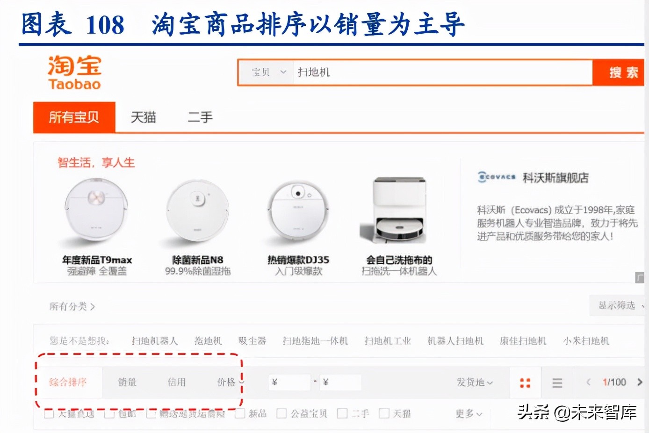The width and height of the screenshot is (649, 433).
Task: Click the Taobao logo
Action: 74,72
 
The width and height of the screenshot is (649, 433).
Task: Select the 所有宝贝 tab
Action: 74,117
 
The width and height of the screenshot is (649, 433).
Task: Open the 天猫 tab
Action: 143,117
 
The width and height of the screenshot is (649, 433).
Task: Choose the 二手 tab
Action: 200,117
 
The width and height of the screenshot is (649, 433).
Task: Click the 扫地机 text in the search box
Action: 314,72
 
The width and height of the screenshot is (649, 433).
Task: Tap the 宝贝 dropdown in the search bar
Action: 268,72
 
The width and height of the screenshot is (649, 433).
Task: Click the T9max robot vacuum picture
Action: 96,210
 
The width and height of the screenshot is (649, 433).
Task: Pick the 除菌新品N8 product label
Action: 198,260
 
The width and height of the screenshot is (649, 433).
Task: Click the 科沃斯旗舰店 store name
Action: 555,178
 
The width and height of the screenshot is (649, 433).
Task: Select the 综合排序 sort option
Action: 68,382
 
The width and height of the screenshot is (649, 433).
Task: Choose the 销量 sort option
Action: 127,382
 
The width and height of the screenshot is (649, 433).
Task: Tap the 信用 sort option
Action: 177,382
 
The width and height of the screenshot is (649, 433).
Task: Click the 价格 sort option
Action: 227,382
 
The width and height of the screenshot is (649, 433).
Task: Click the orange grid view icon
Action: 525,383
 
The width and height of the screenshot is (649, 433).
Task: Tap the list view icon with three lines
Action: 557,383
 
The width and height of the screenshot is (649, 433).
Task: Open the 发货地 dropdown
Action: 475,382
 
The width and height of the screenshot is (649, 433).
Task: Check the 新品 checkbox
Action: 240,413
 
